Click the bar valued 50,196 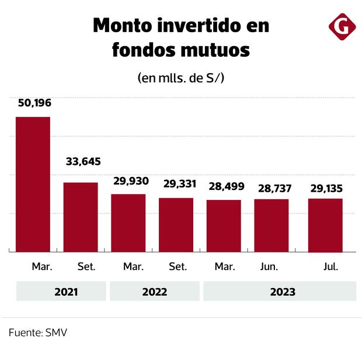click(x=33, y=184)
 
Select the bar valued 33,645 click(x=81, y=217)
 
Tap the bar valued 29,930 click(x=128, y=223)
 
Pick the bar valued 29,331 click(x=176, y=224)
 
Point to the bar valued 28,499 click(x=224, y=226)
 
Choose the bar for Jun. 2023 click(x=271, y=225)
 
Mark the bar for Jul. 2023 click(x=326, y=225)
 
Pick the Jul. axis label click(x=330, y=266)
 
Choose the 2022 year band click(x=154, y=291)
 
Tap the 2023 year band click(x=279, y=291)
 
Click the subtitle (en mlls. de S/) click(x=181, y=78)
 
